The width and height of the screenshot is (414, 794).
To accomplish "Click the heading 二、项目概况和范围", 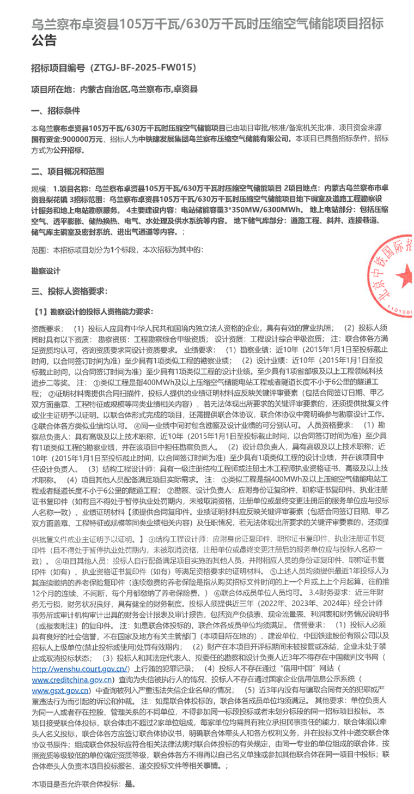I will coord(68,172).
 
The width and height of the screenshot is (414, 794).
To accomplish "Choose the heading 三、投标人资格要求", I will coord(69,291).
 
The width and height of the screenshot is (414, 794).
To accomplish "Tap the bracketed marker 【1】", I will coord(40,312).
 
